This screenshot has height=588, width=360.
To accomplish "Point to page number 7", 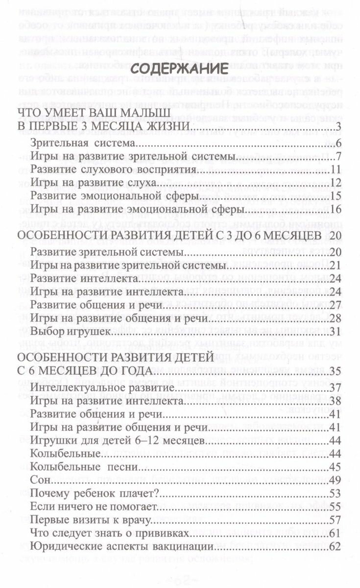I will point(338,157).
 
